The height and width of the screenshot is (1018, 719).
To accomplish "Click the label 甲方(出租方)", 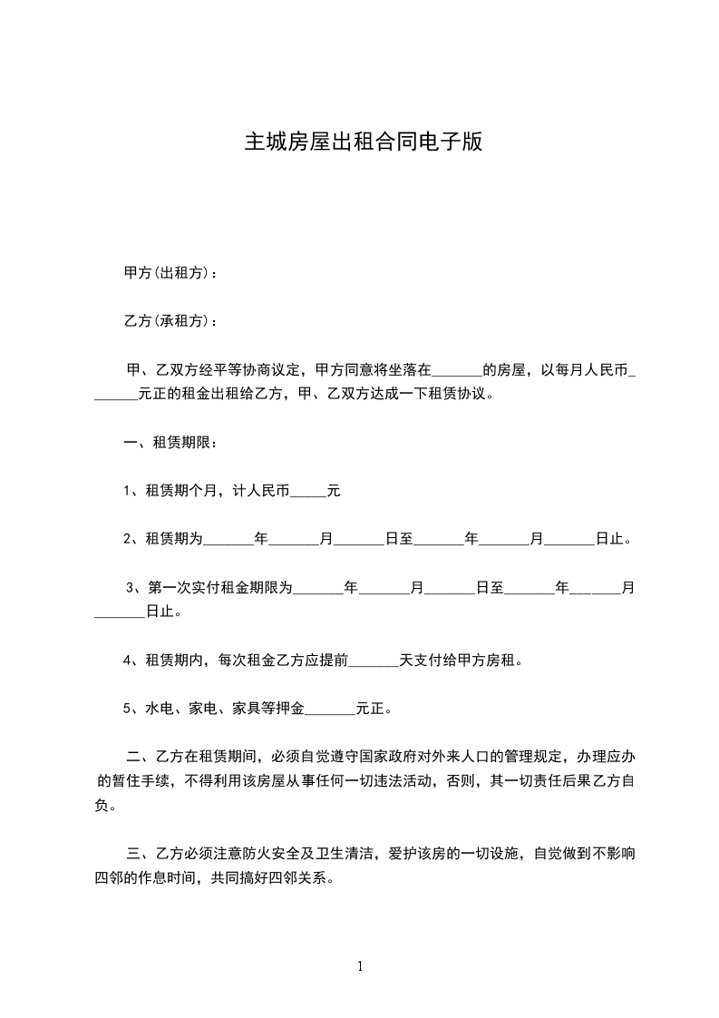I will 167,273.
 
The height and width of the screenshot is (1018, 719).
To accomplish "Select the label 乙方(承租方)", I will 167,321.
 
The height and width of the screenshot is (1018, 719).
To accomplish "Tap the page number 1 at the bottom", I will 360,965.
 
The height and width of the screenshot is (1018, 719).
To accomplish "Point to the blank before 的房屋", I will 457,372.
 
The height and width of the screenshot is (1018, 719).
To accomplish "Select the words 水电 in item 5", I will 157,708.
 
